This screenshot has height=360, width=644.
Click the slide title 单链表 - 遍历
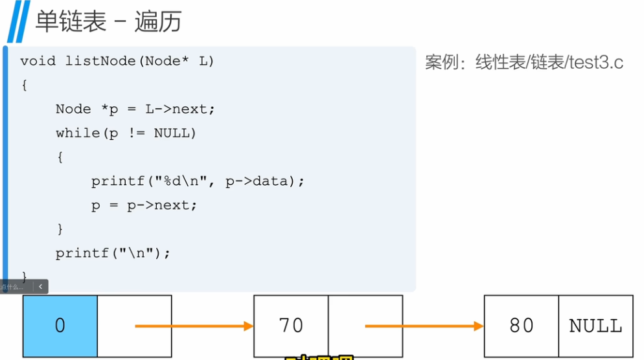pos(108,21)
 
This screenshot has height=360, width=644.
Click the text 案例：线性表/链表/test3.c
pos(524,63)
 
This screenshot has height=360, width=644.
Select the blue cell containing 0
pos(60,326)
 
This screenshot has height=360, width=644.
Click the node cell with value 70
pos(291,326)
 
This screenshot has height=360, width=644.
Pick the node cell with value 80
pos(522,326)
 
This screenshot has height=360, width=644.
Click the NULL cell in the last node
pos(595,326)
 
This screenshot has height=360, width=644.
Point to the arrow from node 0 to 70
pos(194,326)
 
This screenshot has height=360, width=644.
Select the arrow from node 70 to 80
pos(425,326)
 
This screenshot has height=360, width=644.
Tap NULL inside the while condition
pos(171,133)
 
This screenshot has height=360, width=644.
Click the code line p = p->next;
pos(144,205)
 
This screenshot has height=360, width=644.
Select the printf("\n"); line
pos(113,253)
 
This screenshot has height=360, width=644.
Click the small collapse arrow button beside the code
pos(41,286)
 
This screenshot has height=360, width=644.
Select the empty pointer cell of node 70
pos(365,326)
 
